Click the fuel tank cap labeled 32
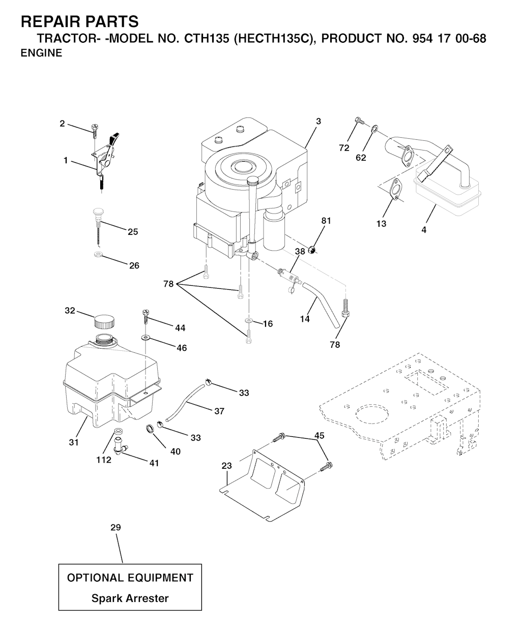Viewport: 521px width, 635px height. click(x=104, y=321)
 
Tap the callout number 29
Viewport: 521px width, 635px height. click(x=115, y=528)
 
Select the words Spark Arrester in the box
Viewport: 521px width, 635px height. click(x=130, y=598)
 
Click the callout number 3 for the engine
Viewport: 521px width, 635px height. click(x=318, y=122)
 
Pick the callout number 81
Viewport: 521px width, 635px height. click(x=326, y=221)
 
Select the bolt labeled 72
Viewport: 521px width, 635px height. click(x=359, y=121)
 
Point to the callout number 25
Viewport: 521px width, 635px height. click(x=133, y=232)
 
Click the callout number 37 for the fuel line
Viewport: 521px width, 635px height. click(x=219, y=411)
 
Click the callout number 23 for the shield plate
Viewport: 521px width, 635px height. click(x=226, y=466)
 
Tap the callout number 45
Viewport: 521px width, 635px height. click(x=319, y=436)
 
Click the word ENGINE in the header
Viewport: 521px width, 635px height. click(x=41, y=53)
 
